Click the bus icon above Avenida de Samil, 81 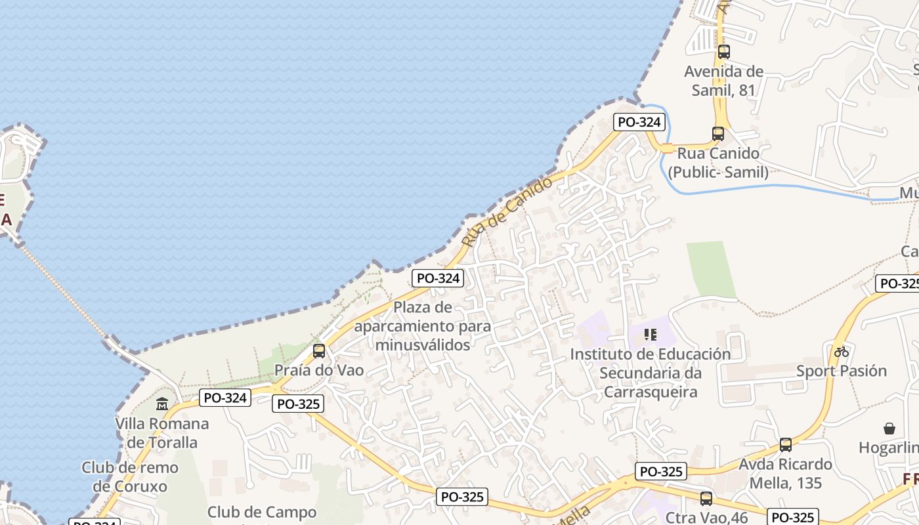724,52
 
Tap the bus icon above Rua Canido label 718,134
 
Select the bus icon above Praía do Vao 319,351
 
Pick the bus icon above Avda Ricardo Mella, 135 786,445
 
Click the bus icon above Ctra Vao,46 706,499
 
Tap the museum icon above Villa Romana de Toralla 162,404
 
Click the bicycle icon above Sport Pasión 842,352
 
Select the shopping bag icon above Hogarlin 889,429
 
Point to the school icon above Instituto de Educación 651,335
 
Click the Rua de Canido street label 498,211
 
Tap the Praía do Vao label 319,370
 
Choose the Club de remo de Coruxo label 130,477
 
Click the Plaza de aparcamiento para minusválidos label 423,325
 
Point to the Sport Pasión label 842,371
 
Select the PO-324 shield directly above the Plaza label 438,278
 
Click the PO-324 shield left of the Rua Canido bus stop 639,122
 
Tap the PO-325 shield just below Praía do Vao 298,404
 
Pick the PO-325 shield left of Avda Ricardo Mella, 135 661,471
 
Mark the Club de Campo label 262,513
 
